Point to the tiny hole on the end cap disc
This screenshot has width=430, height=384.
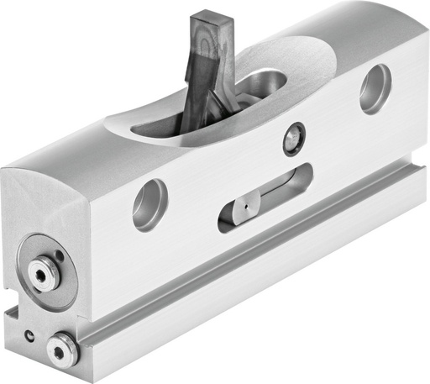pos(55,257)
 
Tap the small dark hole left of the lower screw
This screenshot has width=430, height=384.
pos(30,336)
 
